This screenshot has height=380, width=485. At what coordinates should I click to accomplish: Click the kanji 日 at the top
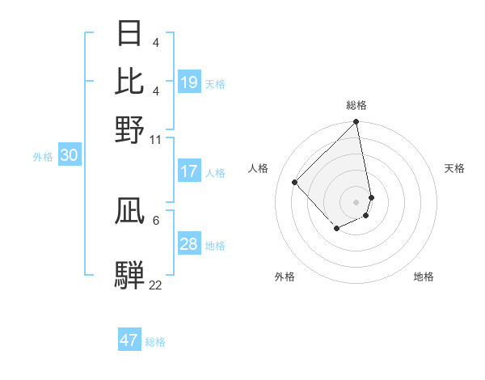click(x=129, y=34)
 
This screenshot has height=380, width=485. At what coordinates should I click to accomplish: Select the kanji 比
click(x=129, y=81)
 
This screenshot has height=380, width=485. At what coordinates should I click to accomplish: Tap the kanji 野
click(x=129, y=129)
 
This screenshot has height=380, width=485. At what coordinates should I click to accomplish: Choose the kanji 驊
click(x=129, y=275)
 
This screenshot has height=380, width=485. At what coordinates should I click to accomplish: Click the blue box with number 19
click(x=189, y=82)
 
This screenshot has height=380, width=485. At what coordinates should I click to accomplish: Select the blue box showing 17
click(x=189, y=171)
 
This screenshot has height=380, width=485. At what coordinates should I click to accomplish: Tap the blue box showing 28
click(x=189, y=244)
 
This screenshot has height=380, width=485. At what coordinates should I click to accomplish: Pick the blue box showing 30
click(x=69, y=156)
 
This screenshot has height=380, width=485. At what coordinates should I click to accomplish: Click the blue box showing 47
click(x=129, y=340)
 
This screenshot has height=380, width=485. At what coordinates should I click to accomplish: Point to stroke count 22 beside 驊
click(x=155, y=285)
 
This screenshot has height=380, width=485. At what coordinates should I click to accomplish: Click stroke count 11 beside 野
click(x=155, y=139)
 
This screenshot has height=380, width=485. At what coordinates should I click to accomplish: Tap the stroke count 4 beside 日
click(x=155, y=42)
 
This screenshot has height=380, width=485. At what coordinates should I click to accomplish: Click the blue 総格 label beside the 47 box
click(x=155, y=342)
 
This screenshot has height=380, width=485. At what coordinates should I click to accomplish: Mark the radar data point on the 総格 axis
click(x=356, y=123)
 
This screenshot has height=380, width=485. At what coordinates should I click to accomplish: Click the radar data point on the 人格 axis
click(x=295, y=182)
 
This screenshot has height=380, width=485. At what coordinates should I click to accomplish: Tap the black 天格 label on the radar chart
click(x=454, y=168)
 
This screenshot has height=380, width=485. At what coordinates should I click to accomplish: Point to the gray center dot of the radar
click(x=356, y=201)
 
